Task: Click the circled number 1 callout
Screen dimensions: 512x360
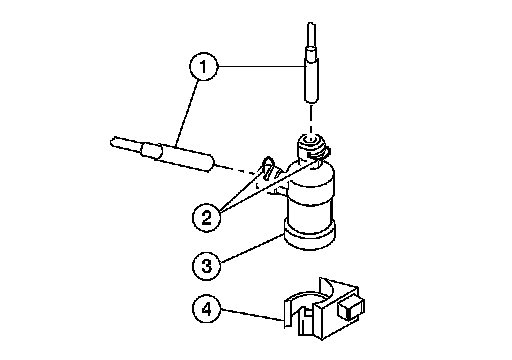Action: pos(203,67)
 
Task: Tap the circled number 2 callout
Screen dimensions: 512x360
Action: pos(207,217)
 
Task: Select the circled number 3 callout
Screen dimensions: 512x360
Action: pos(207,266)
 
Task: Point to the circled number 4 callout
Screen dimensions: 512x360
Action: pos(207,309)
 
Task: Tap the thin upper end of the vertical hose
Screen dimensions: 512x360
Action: pos(311,35)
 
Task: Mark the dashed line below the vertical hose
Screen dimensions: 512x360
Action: pos(311,120)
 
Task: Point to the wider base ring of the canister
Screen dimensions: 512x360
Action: pos(309,235)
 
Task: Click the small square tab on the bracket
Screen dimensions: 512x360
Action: pos(351,308)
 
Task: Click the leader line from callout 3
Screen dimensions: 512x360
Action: pos(252,248)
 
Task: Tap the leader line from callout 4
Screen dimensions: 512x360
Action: pos(253,315)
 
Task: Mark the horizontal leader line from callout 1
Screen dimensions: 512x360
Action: pos(261,67)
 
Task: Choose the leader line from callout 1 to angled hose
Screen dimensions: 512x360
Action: pos(186,113)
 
